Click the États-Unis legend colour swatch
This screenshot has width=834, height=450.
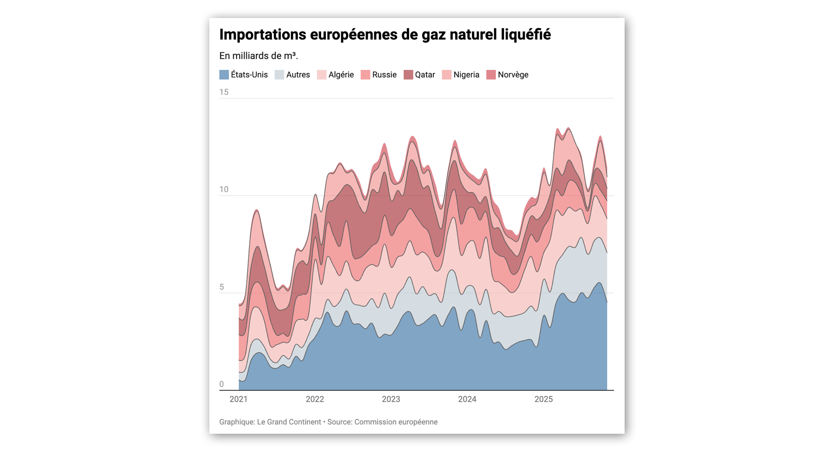tap(224, 75)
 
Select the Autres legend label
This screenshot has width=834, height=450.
tap(298, 75)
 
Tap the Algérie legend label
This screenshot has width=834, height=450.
tap(341, 75)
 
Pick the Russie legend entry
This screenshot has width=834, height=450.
tap(384, 75)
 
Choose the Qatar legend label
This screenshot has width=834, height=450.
tap(424, 75)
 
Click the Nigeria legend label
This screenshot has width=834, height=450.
tap(466, 75)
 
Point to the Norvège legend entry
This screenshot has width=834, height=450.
tap(512, 75)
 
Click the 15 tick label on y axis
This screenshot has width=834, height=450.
tap(224, 92)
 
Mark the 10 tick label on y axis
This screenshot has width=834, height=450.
tap(224, 189)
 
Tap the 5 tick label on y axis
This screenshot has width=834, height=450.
tap(222, 287)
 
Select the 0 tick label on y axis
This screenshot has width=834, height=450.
tap(222, 384)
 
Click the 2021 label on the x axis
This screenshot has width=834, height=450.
tap(238, 399)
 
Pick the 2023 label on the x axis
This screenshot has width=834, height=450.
tap(391, 399)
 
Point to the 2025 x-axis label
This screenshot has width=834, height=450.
tap(543, 399)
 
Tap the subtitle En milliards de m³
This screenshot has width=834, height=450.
tap(258, 56)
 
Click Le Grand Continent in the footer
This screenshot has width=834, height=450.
tap(289, 422)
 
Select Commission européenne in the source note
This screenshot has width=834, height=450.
tap(396, 422)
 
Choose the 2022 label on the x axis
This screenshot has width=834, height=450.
tap(315, 399)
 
